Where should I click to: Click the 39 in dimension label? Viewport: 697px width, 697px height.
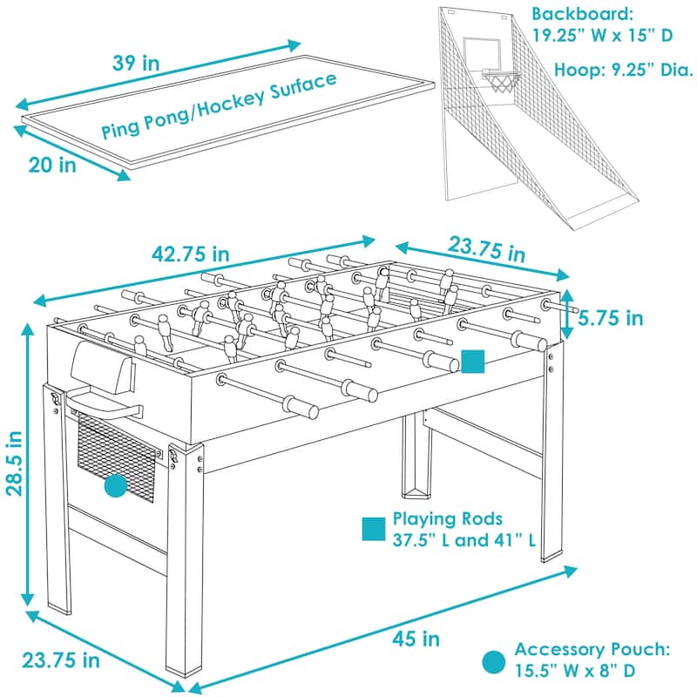137,64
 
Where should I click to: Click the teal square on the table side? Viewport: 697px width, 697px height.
472,362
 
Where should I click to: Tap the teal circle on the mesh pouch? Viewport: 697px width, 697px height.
116,487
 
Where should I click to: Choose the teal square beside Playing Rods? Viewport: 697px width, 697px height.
374,529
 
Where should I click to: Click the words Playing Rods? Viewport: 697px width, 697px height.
436,518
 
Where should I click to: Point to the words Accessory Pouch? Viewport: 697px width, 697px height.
592,649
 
